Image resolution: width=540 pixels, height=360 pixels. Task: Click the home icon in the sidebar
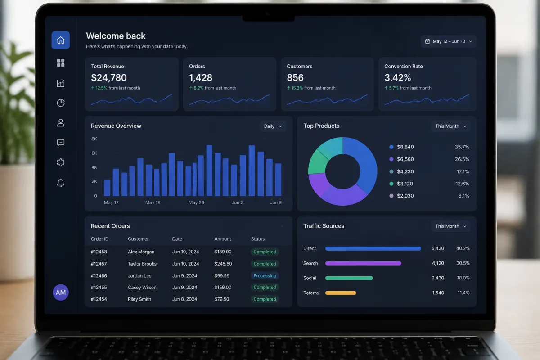(60, 40)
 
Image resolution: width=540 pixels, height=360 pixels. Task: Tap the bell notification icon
(60, 183)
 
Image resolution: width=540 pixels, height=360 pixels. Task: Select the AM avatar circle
(60, 292)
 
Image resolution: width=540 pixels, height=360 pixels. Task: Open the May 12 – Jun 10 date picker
(448, 41)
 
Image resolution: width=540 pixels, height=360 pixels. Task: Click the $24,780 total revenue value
(109, 78)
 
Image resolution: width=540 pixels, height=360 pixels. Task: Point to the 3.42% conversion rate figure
(397, 78)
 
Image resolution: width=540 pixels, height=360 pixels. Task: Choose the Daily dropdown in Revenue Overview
(273, 126)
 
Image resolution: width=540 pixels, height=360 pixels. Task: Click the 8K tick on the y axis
(94, 139)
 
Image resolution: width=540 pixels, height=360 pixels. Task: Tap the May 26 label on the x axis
(196, 202)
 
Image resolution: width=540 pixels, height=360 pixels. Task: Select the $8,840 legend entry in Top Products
(401, 147)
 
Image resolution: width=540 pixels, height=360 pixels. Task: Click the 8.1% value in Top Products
(463, 196)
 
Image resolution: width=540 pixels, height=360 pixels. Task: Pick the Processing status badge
(265, 275)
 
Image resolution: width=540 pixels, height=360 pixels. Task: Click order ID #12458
(99, 252)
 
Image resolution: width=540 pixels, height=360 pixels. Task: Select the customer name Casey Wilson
(142, 288)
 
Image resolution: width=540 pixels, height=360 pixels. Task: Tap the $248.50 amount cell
(223, 264)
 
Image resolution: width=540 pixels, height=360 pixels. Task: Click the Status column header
(258, 239)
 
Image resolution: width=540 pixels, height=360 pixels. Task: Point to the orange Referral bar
(341, 293)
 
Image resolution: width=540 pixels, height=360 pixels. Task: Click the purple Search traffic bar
(363, 263)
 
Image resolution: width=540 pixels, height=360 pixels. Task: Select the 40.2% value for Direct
(463, 248)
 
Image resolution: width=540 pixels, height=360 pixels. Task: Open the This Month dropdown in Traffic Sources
(450, 226)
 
